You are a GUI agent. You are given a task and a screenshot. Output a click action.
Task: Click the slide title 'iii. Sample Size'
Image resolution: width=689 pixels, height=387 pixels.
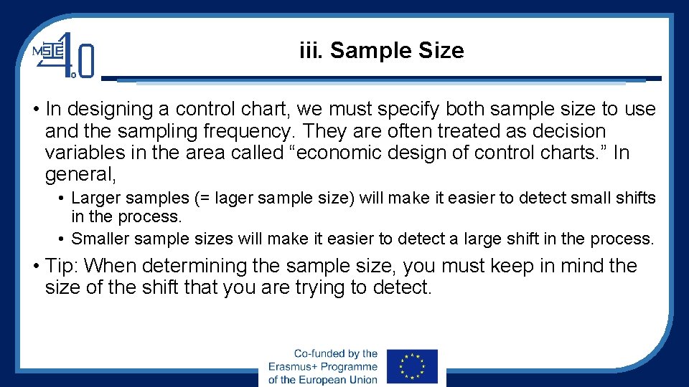(x=381, y=51)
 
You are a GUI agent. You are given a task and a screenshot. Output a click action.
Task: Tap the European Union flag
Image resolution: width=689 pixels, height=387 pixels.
(x=411, y=367)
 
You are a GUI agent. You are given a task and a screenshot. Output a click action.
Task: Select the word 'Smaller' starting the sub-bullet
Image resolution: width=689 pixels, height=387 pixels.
(x=98, y=239)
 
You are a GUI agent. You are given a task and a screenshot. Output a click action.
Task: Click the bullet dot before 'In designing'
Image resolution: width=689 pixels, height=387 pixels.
(x=36, y=110)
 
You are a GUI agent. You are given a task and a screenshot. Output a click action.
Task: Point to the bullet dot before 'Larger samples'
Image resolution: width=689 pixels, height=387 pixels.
(x=63, y=198)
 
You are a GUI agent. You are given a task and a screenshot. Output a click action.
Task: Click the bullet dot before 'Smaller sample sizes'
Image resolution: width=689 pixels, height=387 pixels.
(x=63, y=239)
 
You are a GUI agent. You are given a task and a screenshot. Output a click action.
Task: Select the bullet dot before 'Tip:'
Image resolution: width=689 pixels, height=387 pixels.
(x=36, y=267)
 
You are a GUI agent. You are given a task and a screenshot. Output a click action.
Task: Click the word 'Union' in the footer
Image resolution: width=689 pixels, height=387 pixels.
(x=362, y=379)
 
